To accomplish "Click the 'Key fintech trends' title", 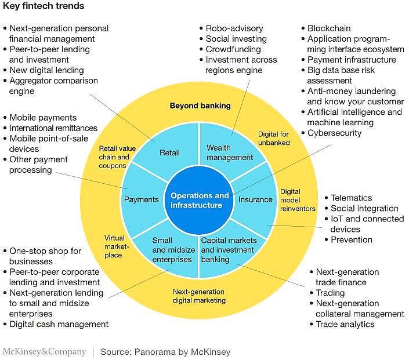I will tap(44, 6).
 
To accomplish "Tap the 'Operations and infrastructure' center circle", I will tap(200, 201).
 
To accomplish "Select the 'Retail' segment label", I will tap(169, 153).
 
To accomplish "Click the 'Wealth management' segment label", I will tap(230, 152).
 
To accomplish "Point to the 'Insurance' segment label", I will tap(255, 199).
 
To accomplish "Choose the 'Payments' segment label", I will tap(141, 199).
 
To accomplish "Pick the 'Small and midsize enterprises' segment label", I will tap(172, 250).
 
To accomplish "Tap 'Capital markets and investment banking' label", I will tap(227, 250).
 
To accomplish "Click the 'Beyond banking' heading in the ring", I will tap(200, 106).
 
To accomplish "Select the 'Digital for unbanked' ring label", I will tap(274, 139).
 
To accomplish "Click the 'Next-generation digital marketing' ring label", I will tap(200, 296).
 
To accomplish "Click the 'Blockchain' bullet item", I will tap(329, 28).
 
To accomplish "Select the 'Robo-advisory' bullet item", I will tap(234, 28).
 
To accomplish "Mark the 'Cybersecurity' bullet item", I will tap(334, 133).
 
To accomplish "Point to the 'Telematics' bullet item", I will tap(351, 198).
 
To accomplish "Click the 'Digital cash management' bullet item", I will tap(59, 324).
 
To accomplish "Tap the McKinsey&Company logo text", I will tap(44, 352).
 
